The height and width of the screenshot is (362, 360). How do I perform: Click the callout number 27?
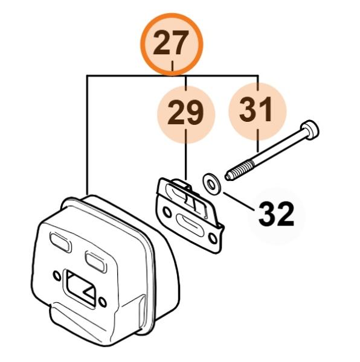[171, 43]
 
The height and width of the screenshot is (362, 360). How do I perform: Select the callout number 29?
[185, 114]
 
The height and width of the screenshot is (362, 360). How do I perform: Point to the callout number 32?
[276, 214]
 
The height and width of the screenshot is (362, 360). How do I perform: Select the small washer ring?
[211, 184]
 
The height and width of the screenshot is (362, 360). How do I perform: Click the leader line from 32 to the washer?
[239, 201]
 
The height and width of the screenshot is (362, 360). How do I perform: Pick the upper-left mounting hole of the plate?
[167, 212]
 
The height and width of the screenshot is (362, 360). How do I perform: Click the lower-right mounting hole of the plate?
[213, 238]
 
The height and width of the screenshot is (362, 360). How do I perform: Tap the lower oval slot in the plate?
[190, 224]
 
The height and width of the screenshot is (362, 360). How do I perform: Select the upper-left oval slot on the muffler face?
[60, 241]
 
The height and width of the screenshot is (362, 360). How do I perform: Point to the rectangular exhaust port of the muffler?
[82, 288]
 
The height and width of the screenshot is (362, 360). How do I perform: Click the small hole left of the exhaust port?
[56, 275]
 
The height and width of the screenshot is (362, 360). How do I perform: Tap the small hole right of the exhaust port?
[103, 302]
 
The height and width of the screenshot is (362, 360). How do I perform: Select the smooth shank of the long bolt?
[279, 148]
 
